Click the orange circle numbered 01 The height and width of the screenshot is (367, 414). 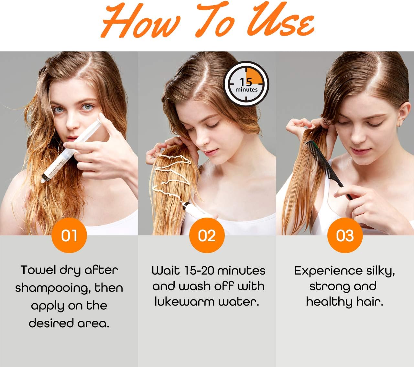tap(69, 235)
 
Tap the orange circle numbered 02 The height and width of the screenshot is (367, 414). tap(207, 235)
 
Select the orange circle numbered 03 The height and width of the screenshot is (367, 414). tap(345, 235)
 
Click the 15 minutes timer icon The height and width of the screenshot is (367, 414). tap(246, 84)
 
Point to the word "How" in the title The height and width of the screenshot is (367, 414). tap(141, 21)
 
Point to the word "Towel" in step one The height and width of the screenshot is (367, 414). tap(38, 270)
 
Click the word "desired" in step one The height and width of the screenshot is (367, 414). tap(51, 323)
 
